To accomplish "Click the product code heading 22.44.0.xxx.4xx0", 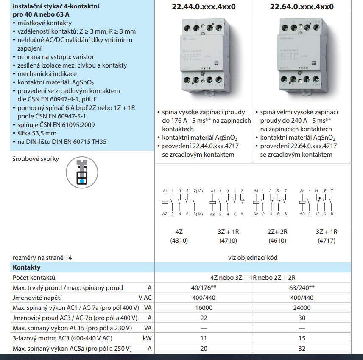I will click(204, 7).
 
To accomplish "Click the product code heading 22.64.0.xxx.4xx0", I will click(302, 7).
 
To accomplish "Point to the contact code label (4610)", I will click(277, 241).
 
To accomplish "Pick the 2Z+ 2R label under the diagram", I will click(277, 232).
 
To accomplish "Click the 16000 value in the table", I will click(204, 308).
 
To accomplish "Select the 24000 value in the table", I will click(302, 308).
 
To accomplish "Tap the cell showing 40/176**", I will click(204, 287).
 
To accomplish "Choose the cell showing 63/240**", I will click(302, 287).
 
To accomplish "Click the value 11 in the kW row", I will click(204, 338).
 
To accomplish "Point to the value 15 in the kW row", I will click(302, 338).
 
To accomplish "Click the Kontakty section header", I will click(27, 267).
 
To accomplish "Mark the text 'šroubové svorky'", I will click(36, 159).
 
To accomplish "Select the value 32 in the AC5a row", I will click(302, 349).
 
